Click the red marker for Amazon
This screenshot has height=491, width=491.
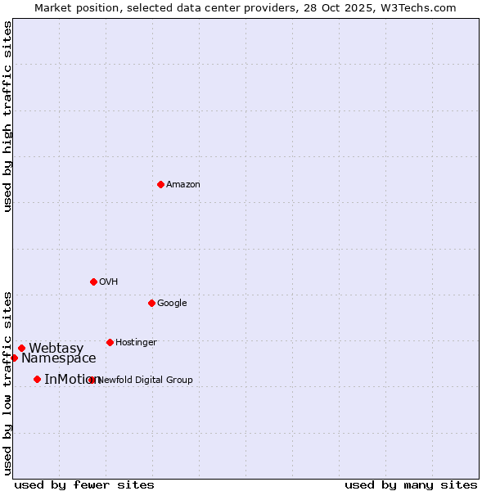pos(160,184)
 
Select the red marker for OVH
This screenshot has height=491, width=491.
pos(93,282)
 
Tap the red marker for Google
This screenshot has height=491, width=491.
pos(151,303)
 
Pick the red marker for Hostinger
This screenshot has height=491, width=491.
pos(110,342)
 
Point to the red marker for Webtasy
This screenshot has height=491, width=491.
pos(22,348)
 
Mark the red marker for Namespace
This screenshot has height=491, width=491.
pos(14,358)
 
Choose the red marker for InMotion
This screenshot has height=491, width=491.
pos(37,379)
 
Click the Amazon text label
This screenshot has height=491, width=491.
pos(183,185)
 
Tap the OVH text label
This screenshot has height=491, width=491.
pos(109,282)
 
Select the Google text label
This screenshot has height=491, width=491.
pos(172,304)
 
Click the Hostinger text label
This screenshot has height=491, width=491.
pos(136,343)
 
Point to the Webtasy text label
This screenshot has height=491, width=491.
pos(56,349)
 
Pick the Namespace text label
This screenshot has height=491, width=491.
pos(59,358)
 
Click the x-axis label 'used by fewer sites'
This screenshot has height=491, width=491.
pos(84,484)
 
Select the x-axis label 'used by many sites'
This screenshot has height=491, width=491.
pos(411,484)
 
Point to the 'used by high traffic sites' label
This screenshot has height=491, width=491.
pos(8,116)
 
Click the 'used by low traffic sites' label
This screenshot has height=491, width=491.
pos(8,382)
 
